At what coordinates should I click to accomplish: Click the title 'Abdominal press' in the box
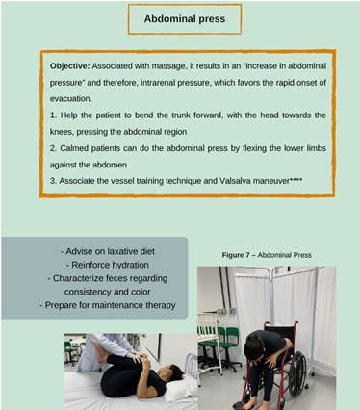185,19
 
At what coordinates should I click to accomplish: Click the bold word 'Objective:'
69,66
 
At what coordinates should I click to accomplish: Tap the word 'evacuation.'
70,99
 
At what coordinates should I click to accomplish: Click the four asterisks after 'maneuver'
296,180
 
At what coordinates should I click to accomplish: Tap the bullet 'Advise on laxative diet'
108,251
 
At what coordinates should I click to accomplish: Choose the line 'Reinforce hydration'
108,265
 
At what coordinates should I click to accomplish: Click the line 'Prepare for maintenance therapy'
108,305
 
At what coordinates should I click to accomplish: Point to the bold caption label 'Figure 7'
236,255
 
